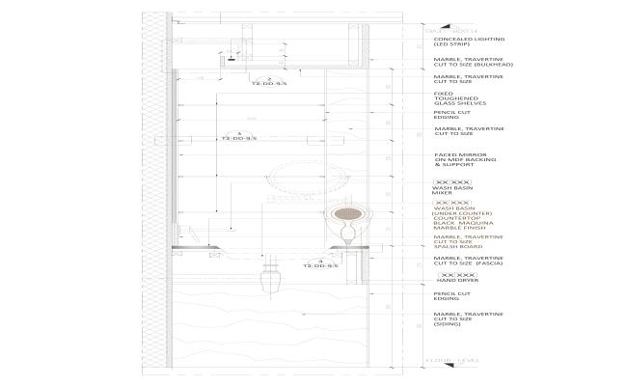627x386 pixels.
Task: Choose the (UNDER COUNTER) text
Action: [x=463, y=213]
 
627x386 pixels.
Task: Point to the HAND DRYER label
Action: [x=453, y=280]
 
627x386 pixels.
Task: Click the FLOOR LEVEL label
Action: [x=452, y=361]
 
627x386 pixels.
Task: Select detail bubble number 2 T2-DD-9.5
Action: [x=270, y=81]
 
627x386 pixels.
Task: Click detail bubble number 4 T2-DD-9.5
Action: [x=321, y=262]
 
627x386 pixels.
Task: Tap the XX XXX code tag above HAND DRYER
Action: [x=452, y=274]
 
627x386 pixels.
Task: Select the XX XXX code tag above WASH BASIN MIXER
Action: [x=452, y=181]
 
